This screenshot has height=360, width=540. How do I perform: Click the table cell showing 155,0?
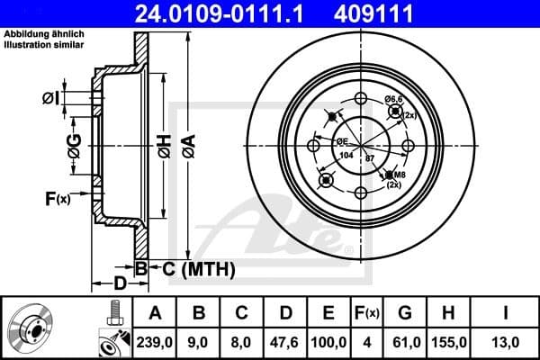[x=447, y=341]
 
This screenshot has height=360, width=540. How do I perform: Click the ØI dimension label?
[x=51, y=97]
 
